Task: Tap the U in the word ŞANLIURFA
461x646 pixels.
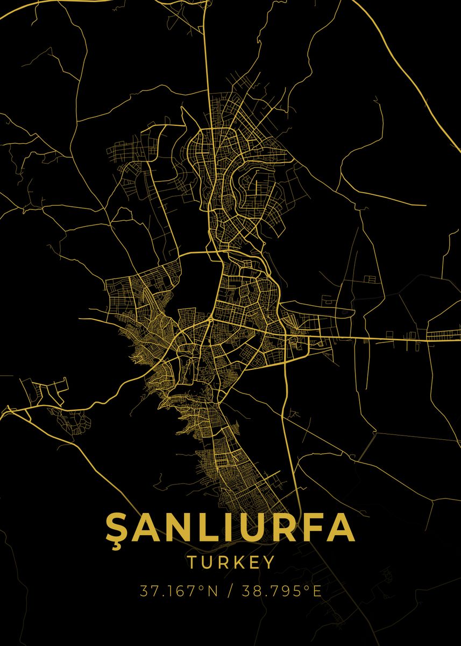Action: (245, 527)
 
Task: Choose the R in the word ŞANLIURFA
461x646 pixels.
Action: (278, 527)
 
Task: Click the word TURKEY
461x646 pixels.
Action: (231, 563)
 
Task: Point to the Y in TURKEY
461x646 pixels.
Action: (268, 563)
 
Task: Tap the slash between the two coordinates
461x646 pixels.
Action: (230, 591)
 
